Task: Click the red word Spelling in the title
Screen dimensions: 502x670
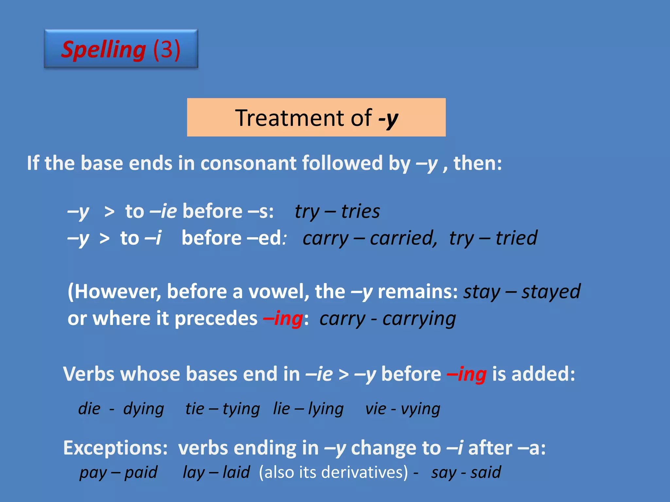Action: click(103, 50)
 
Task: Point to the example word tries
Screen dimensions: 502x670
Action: click(361, 211)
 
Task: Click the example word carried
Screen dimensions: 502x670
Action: click(402, 238)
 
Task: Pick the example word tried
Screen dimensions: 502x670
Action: click(516, 238)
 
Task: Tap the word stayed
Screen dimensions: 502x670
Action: click(551, 292)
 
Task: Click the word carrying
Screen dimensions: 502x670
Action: click(419, 319)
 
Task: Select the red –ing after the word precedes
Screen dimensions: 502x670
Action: click(283, 319)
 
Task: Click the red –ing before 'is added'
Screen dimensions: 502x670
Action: click(467, 374)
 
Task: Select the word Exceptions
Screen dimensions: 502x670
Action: click(115, 448)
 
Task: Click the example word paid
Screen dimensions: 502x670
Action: click(141, 473)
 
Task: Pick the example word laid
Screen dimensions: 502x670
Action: click(236, 473)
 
